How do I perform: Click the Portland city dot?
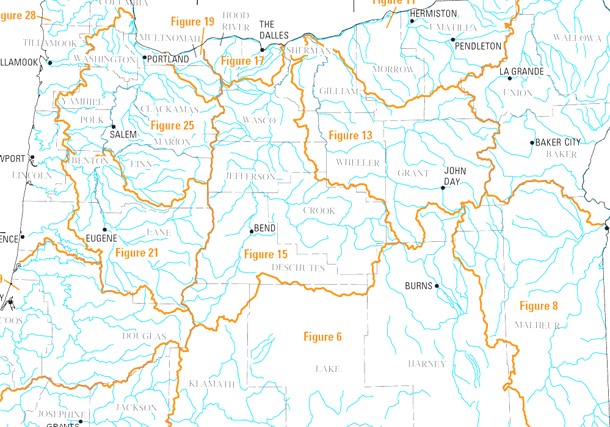tap(145, 58)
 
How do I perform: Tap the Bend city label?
tap(264, 228)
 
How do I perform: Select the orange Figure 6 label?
tap(322, 337)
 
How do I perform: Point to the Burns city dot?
tap(437, 286)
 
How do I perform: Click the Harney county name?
tap(427, 364)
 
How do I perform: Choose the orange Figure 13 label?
tap(350, 135)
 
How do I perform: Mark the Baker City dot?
tap(532, 143)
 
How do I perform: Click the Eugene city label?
tap(101, 238)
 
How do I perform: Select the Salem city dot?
tap(113, 126)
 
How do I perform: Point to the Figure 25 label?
tap(172, 126)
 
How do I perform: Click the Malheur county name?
tap(537, 325)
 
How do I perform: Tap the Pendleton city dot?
tap(453, 40)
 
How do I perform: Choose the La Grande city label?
tap(521, 71)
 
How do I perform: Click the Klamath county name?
tap(212, 384)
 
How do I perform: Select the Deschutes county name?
tap(298, 268)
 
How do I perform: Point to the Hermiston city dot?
tap(412, 21)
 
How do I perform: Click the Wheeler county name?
tap(358, 163)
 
